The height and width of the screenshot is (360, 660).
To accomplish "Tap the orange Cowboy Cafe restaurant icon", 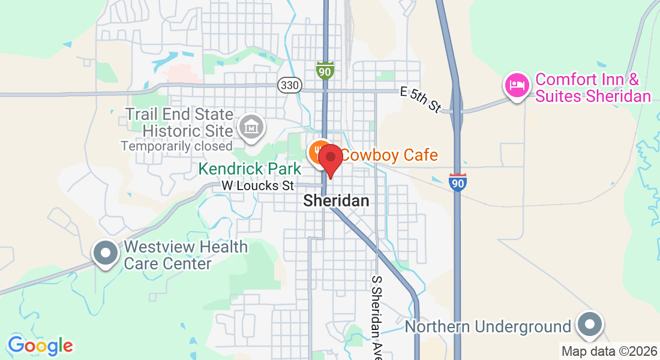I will click(x=318, y=152).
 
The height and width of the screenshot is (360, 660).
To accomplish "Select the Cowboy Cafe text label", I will click(x=390, y=155).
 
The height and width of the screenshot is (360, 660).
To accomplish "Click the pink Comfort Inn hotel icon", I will click(x=517, y=85).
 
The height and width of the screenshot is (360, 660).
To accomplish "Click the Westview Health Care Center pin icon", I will click(x=106, y=253).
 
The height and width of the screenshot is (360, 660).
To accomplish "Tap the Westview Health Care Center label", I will click(x=185, y=255).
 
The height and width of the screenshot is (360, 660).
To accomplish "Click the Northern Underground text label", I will click(x=488, y=326).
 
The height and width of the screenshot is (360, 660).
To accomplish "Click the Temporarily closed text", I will click(x=176, y=146).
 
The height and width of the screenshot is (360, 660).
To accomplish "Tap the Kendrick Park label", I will click(x=250, y=169).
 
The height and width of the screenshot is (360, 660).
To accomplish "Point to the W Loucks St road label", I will click(x=258, y=185).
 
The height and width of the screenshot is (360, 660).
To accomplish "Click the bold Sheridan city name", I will click(x=336, y=200).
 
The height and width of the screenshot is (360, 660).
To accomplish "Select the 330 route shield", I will click(x=289, y=85).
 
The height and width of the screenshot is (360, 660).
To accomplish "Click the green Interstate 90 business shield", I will click(x=325, y=70).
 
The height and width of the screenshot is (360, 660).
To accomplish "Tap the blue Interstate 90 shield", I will click(x=457, y=182).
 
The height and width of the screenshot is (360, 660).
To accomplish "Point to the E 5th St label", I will click(x=421, y=98).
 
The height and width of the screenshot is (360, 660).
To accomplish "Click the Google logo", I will click(x=40, y=346).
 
